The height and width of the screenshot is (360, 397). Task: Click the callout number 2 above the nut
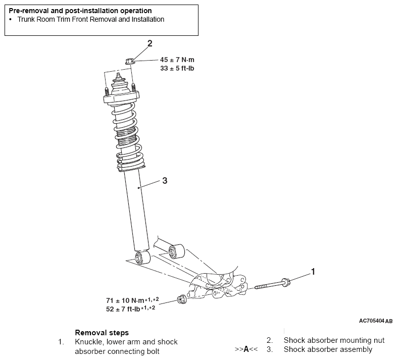click(x=150, y=43)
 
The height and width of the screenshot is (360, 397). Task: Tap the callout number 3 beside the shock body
click(x=165, y=181)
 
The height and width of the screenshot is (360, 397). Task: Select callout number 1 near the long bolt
click(x=313, y=272)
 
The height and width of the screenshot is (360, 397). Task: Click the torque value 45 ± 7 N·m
click(x=177, y=60)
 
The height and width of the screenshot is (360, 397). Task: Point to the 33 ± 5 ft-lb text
click(x=177, y=68)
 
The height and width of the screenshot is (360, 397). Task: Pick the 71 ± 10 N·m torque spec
click(x=125, y=300)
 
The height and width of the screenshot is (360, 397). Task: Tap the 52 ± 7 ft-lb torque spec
click(x=123, y=309)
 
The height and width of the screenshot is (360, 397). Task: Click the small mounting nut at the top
click(x=129, y=61)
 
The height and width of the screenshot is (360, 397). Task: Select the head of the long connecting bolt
click(x=285, y=282)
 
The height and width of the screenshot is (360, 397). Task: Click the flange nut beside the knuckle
click(x=182, y=299)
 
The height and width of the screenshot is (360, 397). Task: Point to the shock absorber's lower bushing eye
click(x=142, y=258)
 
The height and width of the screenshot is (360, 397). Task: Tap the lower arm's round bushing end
click(x=176, y=251)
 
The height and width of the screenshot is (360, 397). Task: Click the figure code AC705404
click(x=371, y=321)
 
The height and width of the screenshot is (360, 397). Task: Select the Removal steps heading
click(x=102, y=333)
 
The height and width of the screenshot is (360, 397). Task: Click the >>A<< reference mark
click(x=246, y=349)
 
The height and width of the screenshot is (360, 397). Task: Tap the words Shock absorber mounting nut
click(x=334, y=340)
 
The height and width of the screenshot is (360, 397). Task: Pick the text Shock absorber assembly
click(x=328, y=349)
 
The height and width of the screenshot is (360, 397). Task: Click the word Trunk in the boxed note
click(x=26, y=20)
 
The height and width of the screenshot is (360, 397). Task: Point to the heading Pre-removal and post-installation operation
click(x=80, y=11)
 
